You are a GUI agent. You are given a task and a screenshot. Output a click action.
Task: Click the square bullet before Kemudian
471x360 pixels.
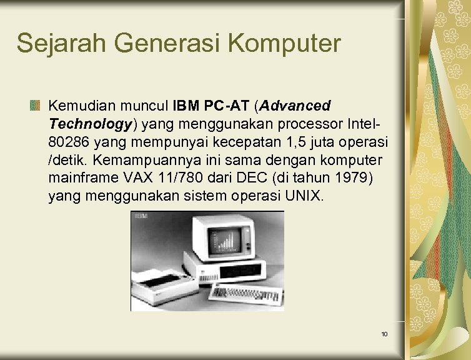(36, 105)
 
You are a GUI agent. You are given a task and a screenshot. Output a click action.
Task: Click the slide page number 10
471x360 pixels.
(384, 334)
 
